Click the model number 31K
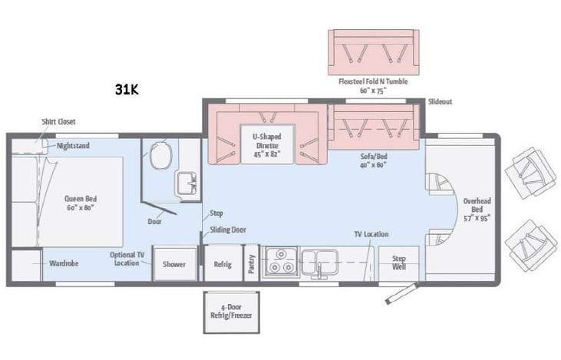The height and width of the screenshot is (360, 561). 127,89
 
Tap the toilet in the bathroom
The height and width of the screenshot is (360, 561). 161,157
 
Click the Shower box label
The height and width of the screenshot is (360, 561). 174,264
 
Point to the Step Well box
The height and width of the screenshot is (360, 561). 399,263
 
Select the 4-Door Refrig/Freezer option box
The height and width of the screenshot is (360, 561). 231,311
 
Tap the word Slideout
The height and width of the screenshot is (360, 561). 440,101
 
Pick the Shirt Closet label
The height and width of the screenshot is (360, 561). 58,121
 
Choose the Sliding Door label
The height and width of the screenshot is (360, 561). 228,230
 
